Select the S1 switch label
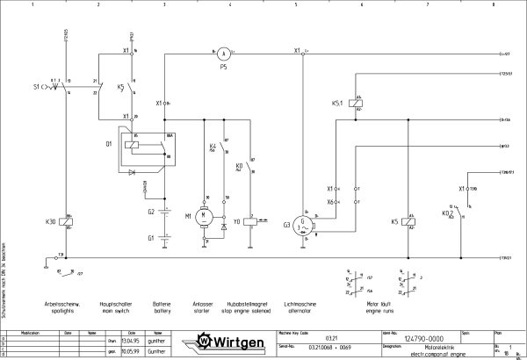[36, 89]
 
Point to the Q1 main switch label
[109, 141]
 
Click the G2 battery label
[150, 212]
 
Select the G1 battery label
[150, 238]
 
